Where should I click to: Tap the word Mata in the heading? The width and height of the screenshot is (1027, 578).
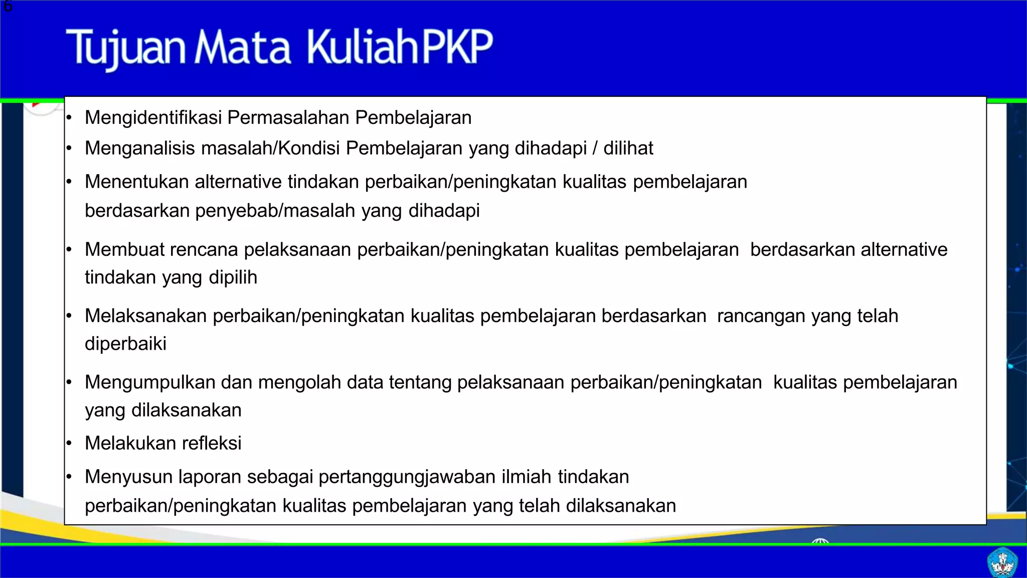click(x=243, y=48)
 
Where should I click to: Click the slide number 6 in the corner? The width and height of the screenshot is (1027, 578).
click(x=8, y=7)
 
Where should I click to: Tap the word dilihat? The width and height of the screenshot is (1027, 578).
click(x=628, y=149)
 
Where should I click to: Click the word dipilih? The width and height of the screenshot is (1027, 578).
click(x=233, y=277)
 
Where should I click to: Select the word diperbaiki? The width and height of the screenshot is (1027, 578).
click(x=125, y=344)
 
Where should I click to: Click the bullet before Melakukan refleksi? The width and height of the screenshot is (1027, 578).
click(x=69, y=444)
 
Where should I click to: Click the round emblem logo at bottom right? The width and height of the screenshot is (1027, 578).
click(x=1002, y=562)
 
